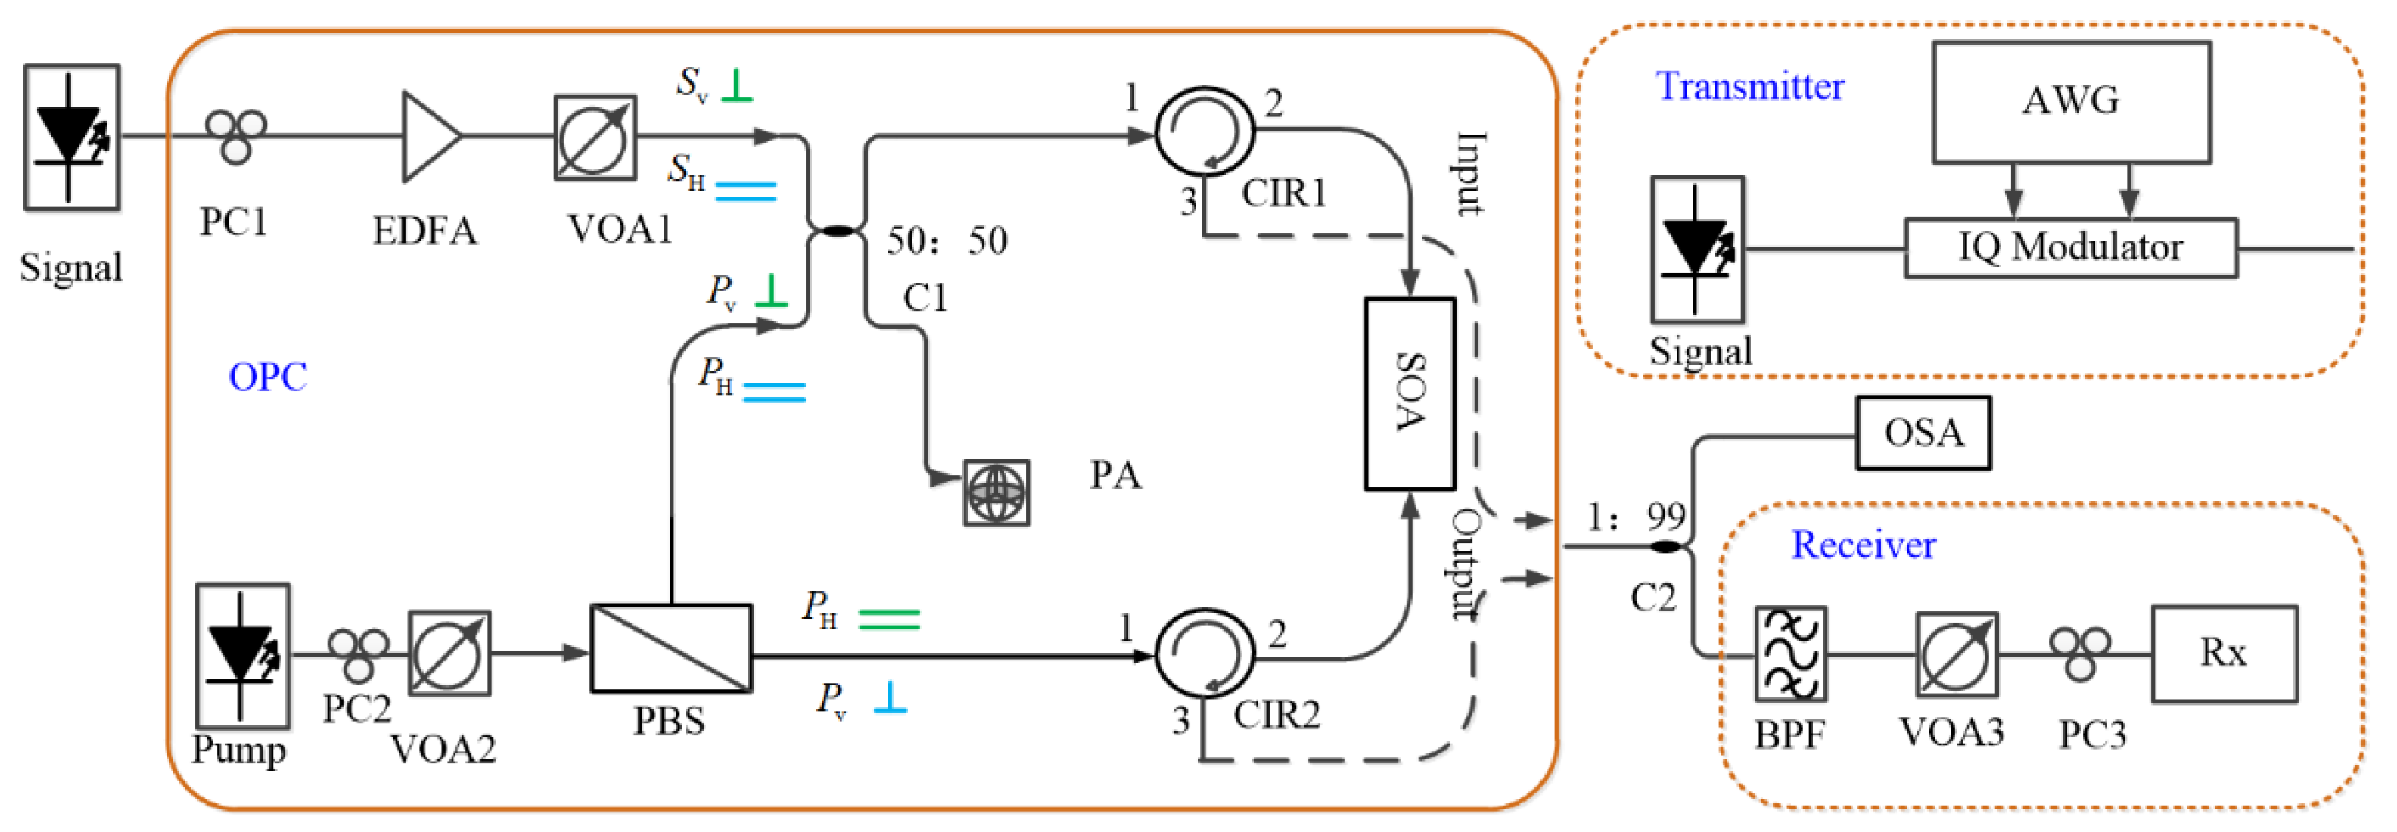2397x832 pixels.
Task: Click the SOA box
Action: pos(1409,393)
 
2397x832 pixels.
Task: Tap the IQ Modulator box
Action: pos(2069,247)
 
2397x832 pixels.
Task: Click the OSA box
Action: pos(1923,433)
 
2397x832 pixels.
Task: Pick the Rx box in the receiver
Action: pos(2223,653)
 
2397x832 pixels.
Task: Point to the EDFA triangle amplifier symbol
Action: pos(429,136)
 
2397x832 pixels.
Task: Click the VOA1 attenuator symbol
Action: pos(595,137)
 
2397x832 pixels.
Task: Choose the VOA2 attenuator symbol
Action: pos(449,653)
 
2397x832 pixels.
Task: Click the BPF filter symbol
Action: pos(1790,654)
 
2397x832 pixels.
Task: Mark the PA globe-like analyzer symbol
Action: pos(996,492)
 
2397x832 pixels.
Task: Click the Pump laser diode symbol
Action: pos(242,655)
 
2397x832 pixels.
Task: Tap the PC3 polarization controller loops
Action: pos(2080,651)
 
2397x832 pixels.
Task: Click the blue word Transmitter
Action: pos(1749,86)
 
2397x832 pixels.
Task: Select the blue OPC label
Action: pos(267,377)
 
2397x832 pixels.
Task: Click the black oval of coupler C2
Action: pos(1665,546)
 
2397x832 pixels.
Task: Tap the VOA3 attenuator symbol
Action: pos(1956,654)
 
